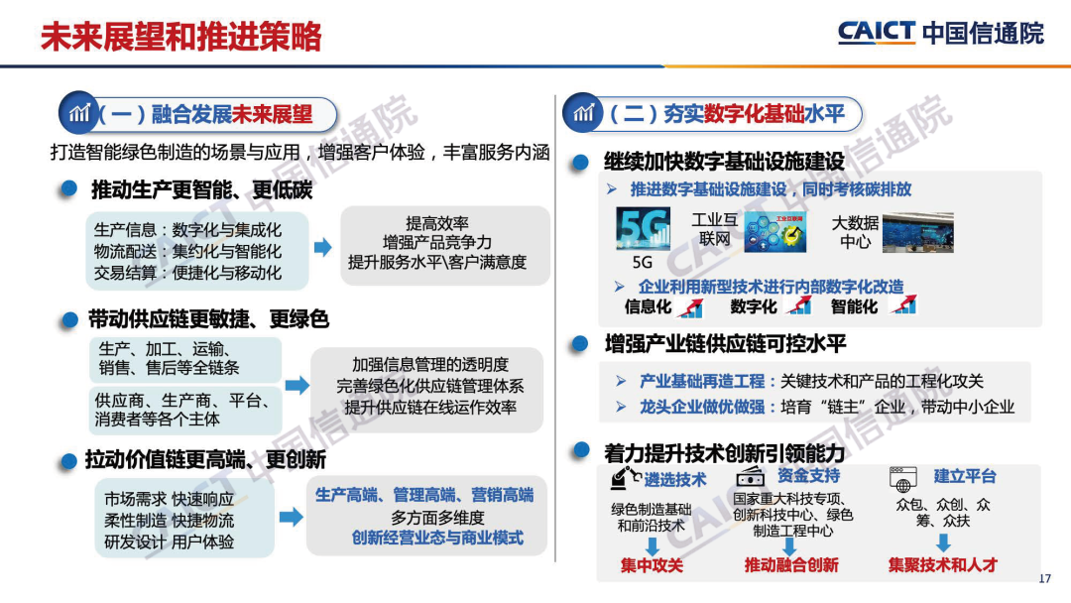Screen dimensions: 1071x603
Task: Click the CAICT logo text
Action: click(876, 32)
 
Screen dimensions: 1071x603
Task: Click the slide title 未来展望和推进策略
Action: click(181, 36)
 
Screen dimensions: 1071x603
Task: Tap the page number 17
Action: click(1044, 578)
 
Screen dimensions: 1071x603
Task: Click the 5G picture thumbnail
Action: click(643, 229)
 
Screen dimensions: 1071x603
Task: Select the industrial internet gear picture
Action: click(775, 232)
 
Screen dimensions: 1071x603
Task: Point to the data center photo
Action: click(918, 233)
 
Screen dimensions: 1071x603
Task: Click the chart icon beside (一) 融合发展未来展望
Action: click(79, 112)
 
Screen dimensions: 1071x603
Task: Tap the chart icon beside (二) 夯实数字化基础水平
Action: click(583, 113)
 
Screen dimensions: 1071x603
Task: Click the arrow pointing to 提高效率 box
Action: click(323, 247)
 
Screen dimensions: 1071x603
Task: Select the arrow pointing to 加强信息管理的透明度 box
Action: click(297, 385)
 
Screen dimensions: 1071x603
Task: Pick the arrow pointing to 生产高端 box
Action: click(292, 517)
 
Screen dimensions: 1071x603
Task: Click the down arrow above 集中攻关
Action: click(653, 545)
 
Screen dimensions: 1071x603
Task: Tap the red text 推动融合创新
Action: click(791, 564)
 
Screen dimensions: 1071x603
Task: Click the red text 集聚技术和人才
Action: click(943, 564)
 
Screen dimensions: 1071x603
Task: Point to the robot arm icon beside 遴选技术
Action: click(625, 478)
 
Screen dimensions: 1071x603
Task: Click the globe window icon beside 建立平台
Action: click(903, 479)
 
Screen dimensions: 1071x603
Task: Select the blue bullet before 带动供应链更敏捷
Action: click(69, 319)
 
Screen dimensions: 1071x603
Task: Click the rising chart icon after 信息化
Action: click(690, 307)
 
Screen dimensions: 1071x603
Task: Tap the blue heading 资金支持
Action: click(809, 475)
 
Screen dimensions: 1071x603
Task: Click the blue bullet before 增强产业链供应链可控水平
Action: click(580, 343)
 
